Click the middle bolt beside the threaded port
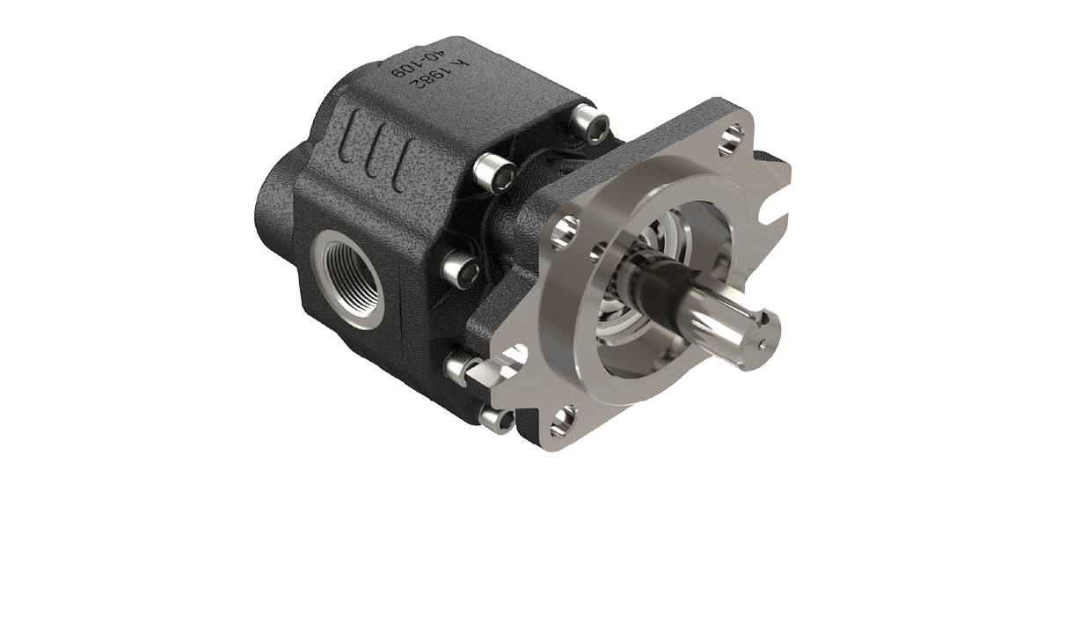point(460,268)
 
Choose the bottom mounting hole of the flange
point(562,421)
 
